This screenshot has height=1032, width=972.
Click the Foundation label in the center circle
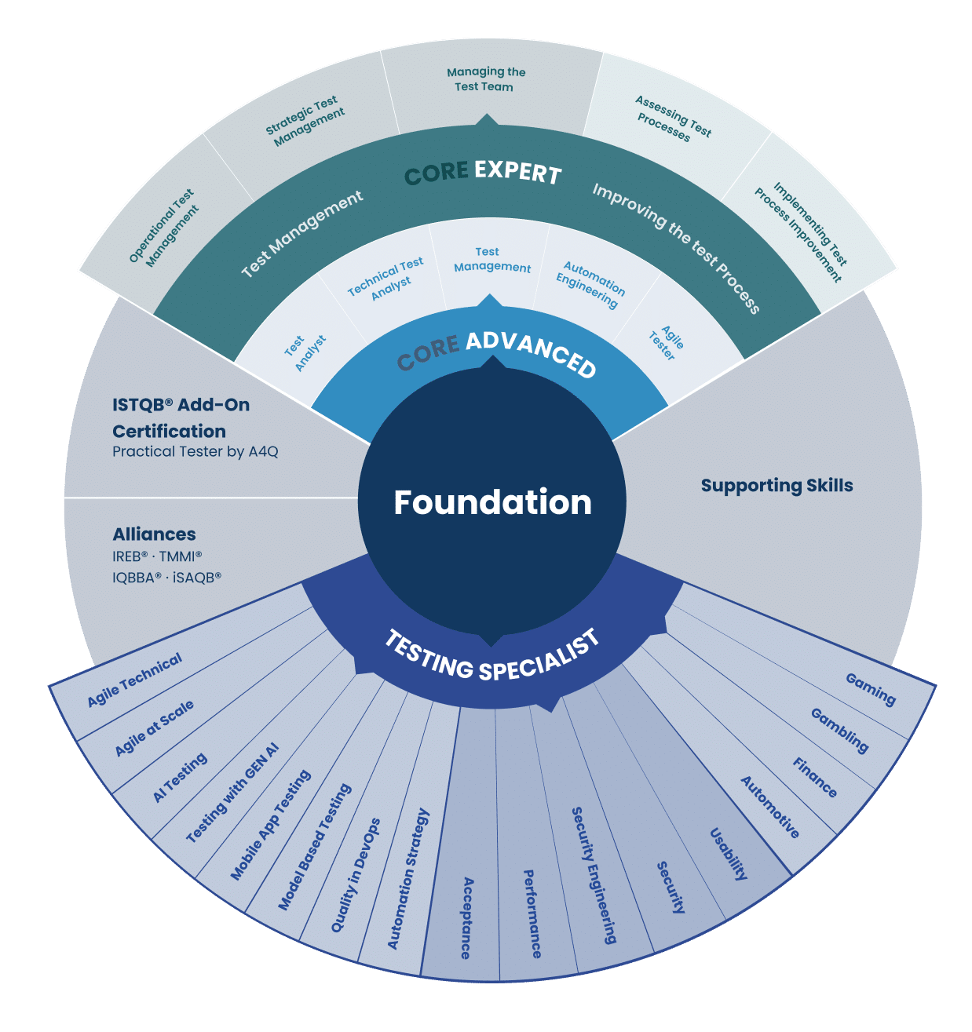pos(492,502)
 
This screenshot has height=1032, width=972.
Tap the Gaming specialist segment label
pos(871,690)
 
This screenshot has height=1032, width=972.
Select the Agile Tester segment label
pos(667,343)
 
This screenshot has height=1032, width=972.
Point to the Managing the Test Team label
pos(486,79)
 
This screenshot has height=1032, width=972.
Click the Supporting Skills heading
pos(777,485)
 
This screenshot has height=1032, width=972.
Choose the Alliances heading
pos(154,534)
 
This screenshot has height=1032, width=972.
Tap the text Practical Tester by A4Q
pos(195,451)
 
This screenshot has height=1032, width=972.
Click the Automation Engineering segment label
pos(590,285)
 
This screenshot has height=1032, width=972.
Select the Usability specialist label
pos(729,854)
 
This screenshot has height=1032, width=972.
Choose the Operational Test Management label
pos(164,228)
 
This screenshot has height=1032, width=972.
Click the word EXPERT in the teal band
pos(517,173)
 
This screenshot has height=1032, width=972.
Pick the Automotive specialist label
pos(769,807)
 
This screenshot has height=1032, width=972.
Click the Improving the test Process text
pos(676,248)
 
